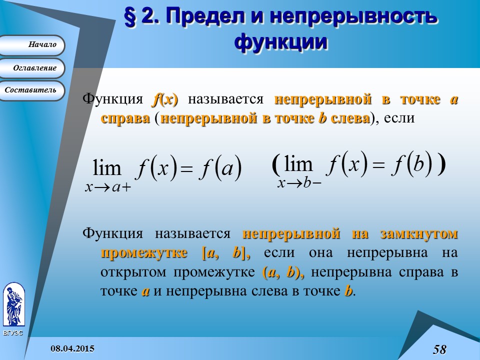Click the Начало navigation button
pyautogui.click(x=32, y=45)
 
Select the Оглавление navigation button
pyautogui.click(x=32, y=68)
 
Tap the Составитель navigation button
pyautogui.click(x=32, y=90)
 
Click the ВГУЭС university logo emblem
pyautogui.click(x=13, y=305)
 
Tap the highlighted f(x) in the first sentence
pyautogui.click(x=164, y=99)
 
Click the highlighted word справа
pyautogui.click(x=125, y=119)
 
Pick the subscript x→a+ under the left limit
pyautogui.click(x=107, y=188)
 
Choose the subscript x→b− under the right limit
pyautogui.click(x=299, y=183)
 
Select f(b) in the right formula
pyautogui.click(x=410, y=163)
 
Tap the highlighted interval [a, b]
pyautogui.click(x=225, y=253)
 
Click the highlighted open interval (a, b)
pyautogui.click(x=282, y=272)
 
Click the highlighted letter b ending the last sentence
pyautogui.click(x=348, y=291)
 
